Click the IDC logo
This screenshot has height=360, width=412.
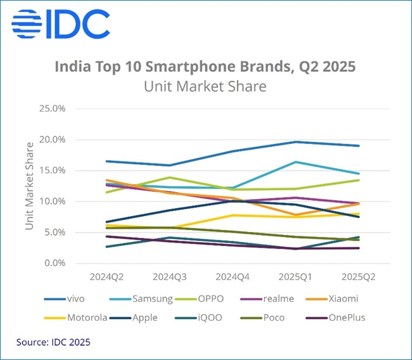pos(60,24)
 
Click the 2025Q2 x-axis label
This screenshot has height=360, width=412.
pos(359,276)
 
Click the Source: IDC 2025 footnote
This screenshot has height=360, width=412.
pos(53,342)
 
